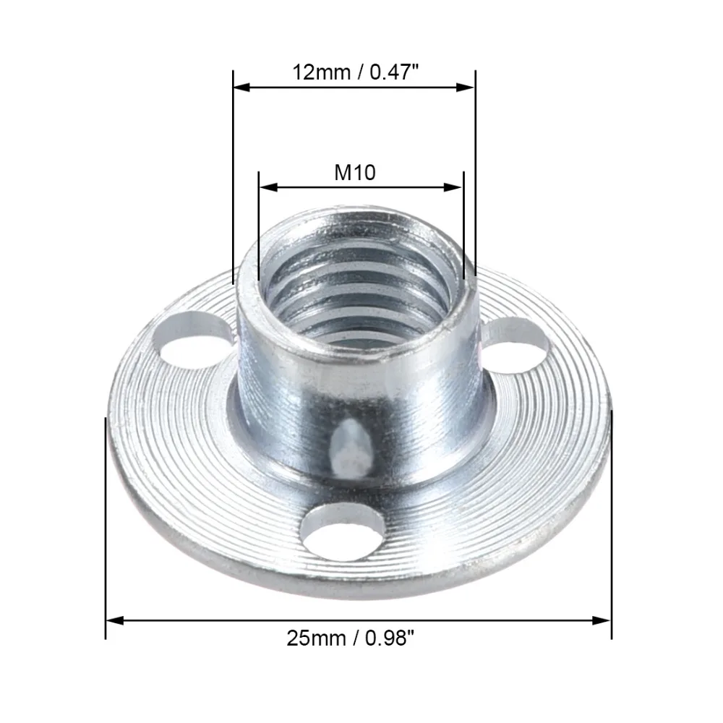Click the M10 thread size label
click(354, 173)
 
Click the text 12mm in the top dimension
click(321, 72)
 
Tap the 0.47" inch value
click(395, 72)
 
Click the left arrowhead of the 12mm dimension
click(241, 87)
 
